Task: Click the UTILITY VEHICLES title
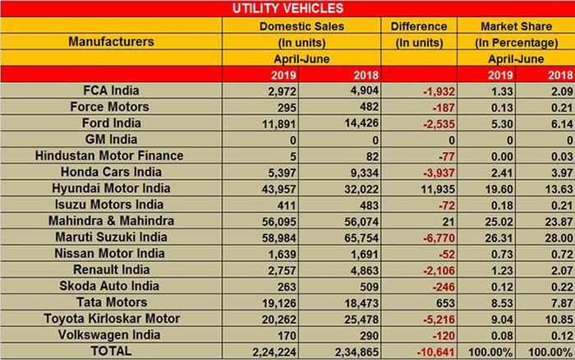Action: pyautogui.click(x=287, y=9)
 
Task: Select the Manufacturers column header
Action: pyautogui.click(x=111, y=40)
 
